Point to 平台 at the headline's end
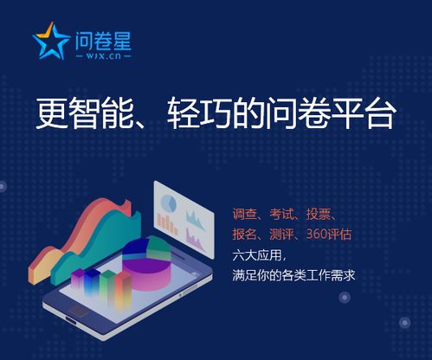(x=364, y=114)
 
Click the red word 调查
(x=245, y=214)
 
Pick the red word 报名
(x=245, y=235)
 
